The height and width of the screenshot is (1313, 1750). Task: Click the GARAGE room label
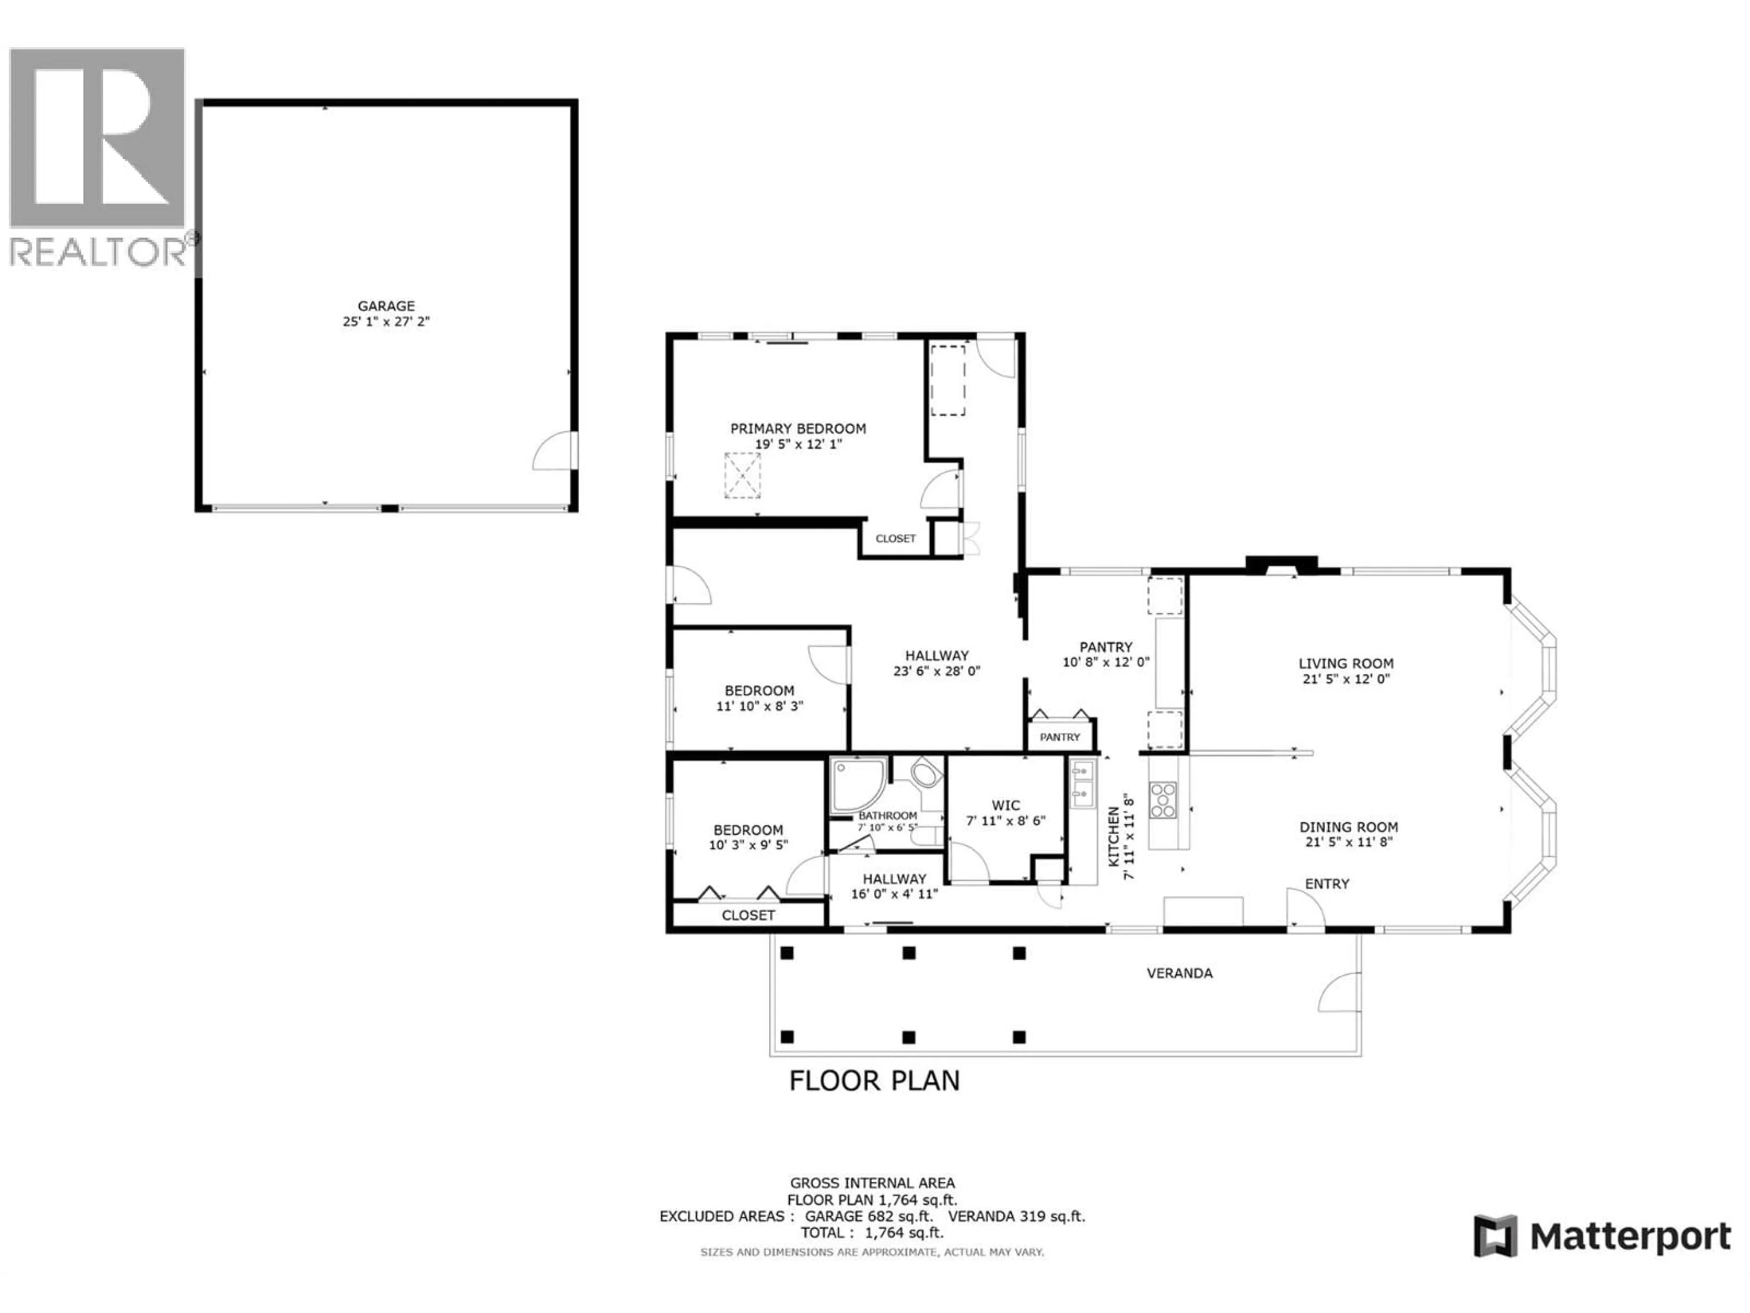(386, 305)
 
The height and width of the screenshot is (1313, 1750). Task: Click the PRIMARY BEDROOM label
(798, 428)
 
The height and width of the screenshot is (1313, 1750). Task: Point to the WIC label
(1005, 806)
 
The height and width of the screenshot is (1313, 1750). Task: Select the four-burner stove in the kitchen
(1162, 799)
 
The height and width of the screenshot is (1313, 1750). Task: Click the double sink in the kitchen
(1083, 781)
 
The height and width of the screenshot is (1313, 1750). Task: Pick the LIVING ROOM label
(1346, 663)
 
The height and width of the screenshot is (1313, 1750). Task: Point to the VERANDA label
(1179, 973)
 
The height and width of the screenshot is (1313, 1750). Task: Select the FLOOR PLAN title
(874, 1081)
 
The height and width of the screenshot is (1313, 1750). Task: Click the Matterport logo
(1602, 1236)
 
